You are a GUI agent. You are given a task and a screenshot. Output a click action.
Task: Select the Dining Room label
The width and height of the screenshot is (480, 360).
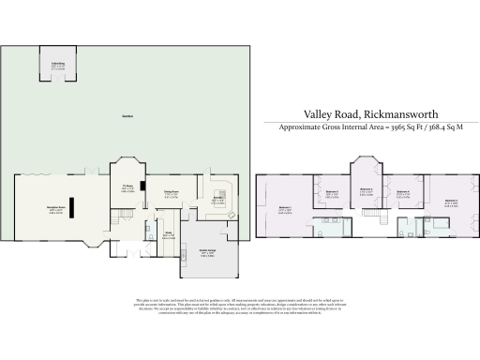(x=172, y=195)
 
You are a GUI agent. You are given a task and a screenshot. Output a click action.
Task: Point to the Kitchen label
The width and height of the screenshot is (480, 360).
(x=217, y=199)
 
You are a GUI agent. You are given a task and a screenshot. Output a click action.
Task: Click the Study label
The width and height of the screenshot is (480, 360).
(x=169, y=234)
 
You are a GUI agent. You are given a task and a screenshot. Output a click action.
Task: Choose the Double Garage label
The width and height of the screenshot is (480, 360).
(x=208, y=252)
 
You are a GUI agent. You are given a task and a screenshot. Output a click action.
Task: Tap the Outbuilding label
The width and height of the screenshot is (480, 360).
(x=58, y=65)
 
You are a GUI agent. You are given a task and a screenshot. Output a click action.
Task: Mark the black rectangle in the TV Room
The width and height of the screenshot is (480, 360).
(x=141, y=177)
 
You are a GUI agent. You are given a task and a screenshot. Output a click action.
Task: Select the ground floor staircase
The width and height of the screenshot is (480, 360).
(x=150, y=230)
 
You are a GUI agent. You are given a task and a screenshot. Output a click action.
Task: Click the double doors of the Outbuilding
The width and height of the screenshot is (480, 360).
(x=58, y=80)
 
